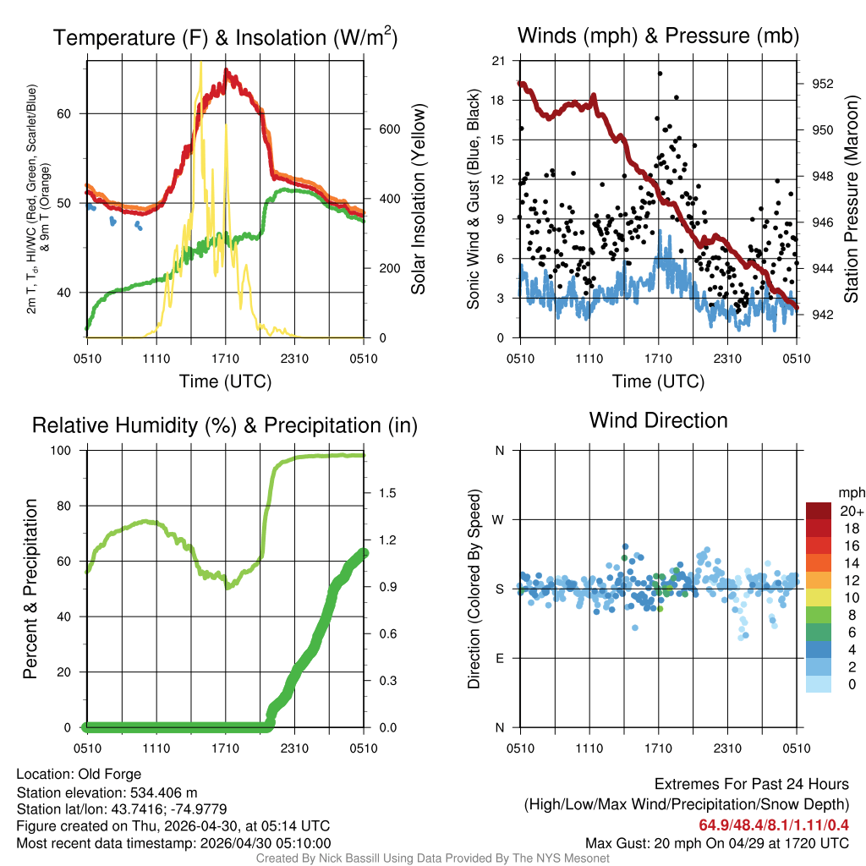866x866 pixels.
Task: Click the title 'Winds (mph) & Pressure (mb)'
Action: [x=658, y=36]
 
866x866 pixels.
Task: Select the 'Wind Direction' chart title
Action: [x=658, y=419]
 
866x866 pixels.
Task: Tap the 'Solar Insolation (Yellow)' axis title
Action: [x=418, y=200]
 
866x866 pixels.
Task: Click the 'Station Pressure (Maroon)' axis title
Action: [x=851, y=200]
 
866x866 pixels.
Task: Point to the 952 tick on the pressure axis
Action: [x=822, y=84]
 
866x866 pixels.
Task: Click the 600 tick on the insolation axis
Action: [x=388, y=129]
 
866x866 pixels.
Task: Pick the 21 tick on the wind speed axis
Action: [x=498, y=61]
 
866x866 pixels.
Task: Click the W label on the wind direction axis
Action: [x=499, y=519]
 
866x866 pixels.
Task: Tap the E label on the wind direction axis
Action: [x=499, y=658]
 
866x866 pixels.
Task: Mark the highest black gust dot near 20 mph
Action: [x=660, y=73]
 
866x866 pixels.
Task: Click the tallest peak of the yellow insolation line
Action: [x=200, y=62]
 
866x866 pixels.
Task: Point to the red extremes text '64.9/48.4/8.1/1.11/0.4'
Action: [x=774, y=825]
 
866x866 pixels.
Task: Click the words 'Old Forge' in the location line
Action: [x=110, y=774]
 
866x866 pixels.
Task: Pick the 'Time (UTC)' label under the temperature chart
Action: [x=225, y=381]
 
